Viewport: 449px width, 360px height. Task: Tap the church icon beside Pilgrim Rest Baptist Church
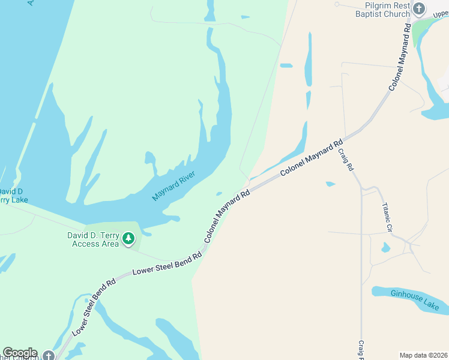(x=419, y=8)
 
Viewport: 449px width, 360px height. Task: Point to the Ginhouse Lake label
(x=415, y=299)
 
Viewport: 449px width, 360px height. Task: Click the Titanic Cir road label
(x=387, y=217)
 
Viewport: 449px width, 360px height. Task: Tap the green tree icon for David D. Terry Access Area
(x=128, y=239)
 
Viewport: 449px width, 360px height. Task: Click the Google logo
(x=20, y=353)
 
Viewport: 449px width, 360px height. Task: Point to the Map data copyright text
(x=424, y=355)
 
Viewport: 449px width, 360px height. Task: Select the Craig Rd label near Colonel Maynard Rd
(x=345, y=160)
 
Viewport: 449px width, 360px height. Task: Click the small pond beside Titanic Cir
(x=385, y=247)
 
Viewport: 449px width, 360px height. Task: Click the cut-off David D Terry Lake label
(x=12, y=196)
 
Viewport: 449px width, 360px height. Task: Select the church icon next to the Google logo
(x=49, y=355)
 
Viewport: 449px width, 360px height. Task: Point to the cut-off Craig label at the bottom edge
(x=361, y=350)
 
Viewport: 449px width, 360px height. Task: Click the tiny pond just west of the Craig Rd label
(x=330, y=184)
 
